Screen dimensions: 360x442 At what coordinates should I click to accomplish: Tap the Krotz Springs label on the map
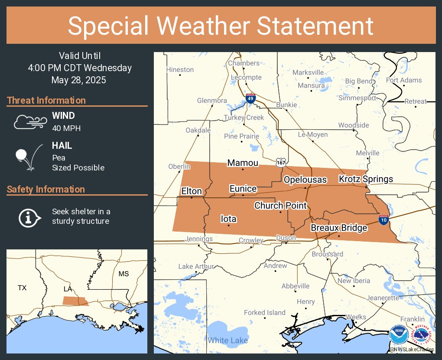(x=366, y=179)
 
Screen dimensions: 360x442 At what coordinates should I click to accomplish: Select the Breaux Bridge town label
(x=339, y=228)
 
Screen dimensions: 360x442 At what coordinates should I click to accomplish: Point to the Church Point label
(x=280, y=206)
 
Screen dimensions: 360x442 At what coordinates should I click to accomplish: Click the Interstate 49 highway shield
(x=250, y=98)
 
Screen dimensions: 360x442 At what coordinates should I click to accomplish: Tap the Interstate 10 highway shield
(x=383, y=219)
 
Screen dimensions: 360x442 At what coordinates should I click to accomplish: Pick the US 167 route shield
(x=281, y=162)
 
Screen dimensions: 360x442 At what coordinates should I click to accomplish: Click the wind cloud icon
(x=29, y=122)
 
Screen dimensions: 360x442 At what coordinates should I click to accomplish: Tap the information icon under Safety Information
(x=29, y=217)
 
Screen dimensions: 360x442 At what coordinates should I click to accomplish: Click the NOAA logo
(x=398, y=335)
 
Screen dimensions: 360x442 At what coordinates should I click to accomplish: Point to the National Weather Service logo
(x=422, y=335)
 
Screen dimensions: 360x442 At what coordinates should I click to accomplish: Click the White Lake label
(x=227, y=340)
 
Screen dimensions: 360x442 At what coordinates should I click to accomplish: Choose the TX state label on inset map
(x=22, y=288)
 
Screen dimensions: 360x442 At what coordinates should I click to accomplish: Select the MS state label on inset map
(x=124, y=274)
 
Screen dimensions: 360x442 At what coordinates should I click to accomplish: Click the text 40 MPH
(x=66, y=128)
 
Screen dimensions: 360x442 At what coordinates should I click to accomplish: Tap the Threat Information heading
(x=46, y=100)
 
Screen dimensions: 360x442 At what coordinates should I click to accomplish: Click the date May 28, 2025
(x=78, y=80)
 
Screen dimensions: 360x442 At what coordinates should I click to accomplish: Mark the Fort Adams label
(x=403, y=80)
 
